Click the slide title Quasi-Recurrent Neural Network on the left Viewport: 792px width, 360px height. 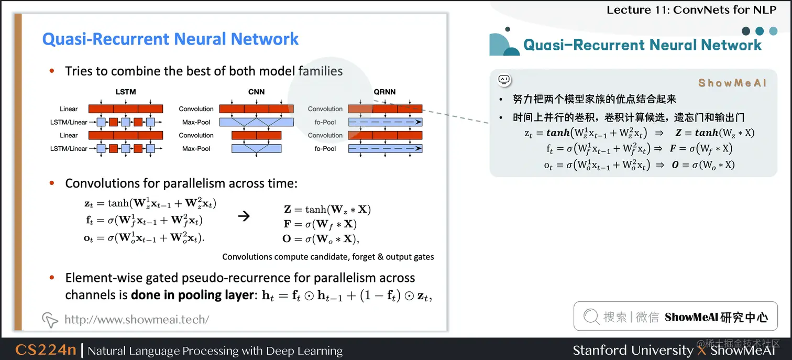170,39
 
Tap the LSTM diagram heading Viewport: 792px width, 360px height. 125,92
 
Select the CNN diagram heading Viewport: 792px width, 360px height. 256,92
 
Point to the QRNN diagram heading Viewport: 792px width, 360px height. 384,92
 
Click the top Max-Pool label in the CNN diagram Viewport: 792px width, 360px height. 196,122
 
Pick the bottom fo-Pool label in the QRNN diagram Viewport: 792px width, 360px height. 325,149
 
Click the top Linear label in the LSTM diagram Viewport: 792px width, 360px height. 69,109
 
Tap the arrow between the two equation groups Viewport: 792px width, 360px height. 244,216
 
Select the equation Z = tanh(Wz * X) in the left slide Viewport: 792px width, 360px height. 327,210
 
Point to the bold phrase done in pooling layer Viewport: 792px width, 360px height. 192,295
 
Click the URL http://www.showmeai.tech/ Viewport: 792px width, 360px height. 137,319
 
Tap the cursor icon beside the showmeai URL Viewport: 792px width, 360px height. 50,320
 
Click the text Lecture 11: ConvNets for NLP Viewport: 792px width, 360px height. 691,9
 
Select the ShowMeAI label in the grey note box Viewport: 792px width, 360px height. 732,83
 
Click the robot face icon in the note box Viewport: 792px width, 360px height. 504,80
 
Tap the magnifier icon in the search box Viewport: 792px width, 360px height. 591,317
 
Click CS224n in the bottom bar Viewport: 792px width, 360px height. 46,350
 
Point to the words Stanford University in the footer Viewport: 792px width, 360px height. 632,350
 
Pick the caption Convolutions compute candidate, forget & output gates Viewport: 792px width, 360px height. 328,257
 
